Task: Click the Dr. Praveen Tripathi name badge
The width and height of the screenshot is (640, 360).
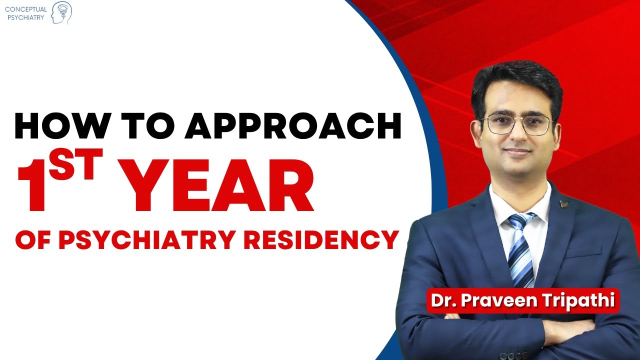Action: (x=522, y=301)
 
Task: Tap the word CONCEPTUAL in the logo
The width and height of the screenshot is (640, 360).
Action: (x=25, y=9)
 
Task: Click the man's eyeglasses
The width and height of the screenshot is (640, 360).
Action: (x=517, y=124)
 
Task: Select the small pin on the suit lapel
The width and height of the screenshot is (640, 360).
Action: (x=564, y=203)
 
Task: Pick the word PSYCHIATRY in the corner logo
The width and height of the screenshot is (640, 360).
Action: (x=25, y=18)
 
